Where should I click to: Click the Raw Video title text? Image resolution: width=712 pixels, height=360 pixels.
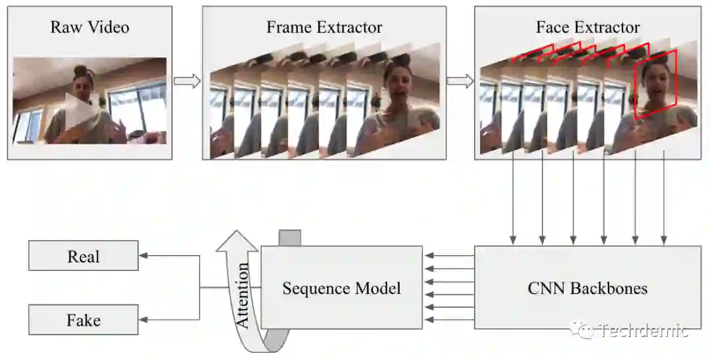tap(89, 28)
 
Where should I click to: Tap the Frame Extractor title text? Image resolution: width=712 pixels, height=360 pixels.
tap(324, 28)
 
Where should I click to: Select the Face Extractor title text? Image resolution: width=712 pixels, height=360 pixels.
tap(587, 28)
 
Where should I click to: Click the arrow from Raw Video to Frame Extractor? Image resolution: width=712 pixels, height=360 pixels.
tap(187, 81)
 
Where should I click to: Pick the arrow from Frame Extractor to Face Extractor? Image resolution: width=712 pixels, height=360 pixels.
tap(460, 81)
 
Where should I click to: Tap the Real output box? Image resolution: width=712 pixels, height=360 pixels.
tap(83, 256)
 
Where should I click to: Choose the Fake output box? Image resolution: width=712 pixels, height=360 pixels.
tap(83, 320)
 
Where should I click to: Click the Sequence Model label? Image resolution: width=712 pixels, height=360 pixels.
tap(341, 288)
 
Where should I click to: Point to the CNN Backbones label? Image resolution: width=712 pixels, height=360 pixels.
tap(587, 288)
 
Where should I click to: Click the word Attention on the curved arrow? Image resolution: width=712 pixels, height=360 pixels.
tap(243, 295)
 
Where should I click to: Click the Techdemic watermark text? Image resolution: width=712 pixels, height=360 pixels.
tap(643, 330)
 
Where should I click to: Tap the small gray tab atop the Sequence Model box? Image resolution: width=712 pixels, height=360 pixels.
tap(290, 238)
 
